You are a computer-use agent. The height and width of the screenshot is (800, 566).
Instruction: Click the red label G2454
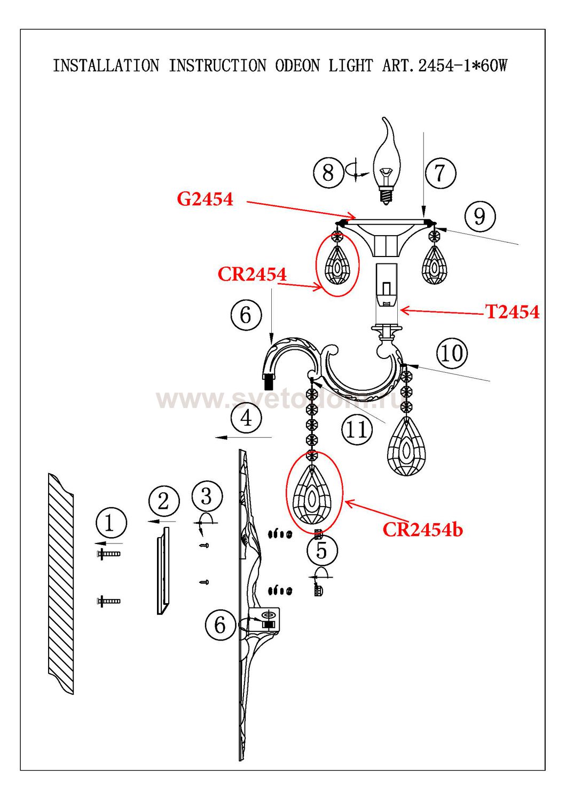(x=205, y=199)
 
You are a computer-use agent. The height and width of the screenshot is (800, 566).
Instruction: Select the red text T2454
(x=512, y=312)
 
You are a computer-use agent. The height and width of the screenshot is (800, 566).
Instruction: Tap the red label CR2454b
(x=422, y=530)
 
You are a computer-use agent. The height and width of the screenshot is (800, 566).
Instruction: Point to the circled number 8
(x=328, y=172)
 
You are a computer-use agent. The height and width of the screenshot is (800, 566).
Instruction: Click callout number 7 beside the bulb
(x=439, y=173)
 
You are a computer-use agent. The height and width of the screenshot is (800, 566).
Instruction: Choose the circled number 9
(x=479, y=217)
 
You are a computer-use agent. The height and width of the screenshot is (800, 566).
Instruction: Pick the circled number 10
(x=452, y=353)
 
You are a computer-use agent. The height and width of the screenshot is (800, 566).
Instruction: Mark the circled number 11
(x=357, y=429)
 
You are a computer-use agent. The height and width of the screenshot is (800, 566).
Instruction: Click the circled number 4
(x=246, y=418)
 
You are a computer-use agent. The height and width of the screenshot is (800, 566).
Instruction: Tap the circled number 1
(x=110, y=523)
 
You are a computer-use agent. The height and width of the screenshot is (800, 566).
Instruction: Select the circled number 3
(x=207, y=497)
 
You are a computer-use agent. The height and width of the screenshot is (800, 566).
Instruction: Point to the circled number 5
(x=321, y=550)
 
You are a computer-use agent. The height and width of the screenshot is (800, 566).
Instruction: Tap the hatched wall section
(x=61, y=584)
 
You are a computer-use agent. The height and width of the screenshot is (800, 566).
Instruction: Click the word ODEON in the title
(x=297, y=66)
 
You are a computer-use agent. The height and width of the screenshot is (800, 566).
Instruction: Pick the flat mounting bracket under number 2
(x=163, y=571)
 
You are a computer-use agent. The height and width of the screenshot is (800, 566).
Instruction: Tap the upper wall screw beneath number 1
(x=108, y=554)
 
